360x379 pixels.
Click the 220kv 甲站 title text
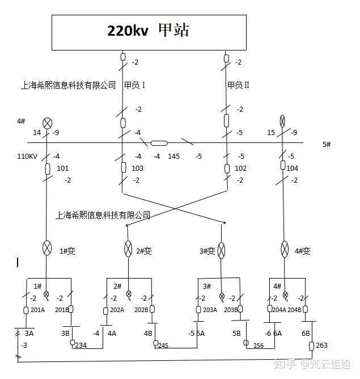click(x=149, y=31)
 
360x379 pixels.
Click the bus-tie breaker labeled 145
click(x=159, y=144)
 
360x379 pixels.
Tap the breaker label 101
click(x=63, y=169)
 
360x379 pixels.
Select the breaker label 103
click(x=137, y=169)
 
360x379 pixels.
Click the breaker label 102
click(x=240, y=169)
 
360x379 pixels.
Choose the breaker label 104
click(x=293, y=169)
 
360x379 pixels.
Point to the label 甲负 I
click(x=135, y=85)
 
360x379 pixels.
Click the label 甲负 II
click(x=238, y=85)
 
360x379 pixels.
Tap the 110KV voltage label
click(x=26, y=156)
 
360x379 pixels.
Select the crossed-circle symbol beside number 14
click(x=48, y=123)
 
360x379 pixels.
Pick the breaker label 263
click(x=321, y=346)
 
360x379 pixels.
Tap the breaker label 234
click(x=81, y=346)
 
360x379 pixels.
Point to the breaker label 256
click(x=259, y=346)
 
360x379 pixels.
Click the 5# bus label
click(x=327, y=145)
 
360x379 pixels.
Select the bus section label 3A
click(x=29, y=334)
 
